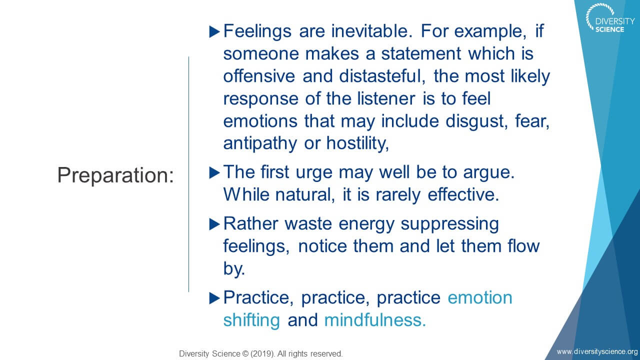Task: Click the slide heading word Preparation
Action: point(115,175)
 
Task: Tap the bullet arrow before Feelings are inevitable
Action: point(214,31)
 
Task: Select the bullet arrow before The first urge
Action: point(214,173)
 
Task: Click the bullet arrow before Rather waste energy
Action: point(214,224)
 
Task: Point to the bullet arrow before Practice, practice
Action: point(214,298)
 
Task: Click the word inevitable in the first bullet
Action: point(371,31)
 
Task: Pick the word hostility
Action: point(357,143)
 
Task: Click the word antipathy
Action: point(260,143)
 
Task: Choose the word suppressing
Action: point(449,224)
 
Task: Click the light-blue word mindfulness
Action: point(375,319)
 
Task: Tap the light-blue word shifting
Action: point(251,320)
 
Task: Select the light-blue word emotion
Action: point(480,298)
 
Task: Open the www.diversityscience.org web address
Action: point(597,351)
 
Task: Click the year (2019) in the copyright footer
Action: point(263,353)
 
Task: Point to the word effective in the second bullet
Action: point(463,195)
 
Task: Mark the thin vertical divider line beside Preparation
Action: point(188,174)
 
